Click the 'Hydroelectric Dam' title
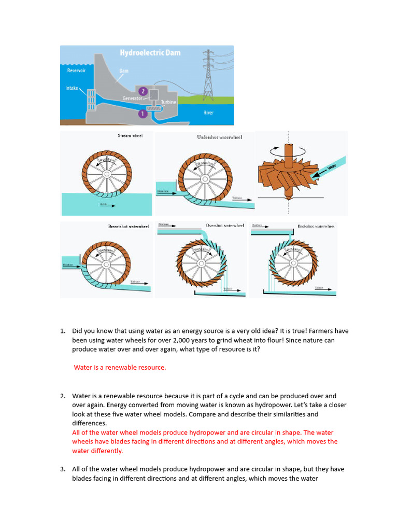(150, 53)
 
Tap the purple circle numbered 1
(143, 113)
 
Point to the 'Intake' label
(72, 88)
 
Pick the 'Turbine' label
(168, 102)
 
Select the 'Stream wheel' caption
(130, 136)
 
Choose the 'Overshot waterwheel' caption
(225, 226)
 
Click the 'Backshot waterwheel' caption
(316, 226)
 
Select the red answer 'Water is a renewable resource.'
(120, 367)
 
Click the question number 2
(63, 396)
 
